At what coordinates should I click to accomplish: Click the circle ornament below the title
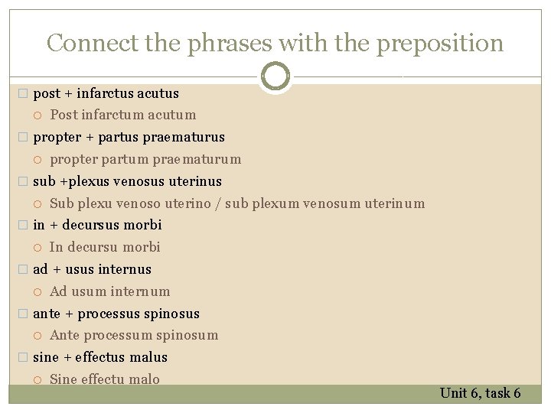(x=275, y=76)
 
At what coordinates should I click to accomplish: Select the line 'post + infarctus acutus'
(x=106, y=93)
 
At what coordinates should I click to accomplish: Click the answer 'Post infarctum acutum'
(x=122, y=115)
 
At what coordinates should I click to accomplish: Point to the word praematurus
(x=188, y=137)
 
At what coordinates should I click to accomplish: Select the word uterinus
(x=197, y=181)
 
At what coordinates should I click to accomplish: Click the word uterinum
(x=395, y=203)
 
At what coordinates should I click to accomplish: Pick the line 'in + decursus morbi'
(x=97, y=225)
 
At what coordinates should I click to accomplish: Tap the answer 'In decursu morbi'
(x=105, y=247)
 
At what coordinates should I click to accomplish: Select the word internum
(x=140, y=291)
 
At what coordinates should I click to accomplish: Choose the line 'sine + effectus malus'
(x=100, y=357)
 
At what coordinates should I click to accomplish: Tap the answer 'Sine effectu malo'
(x=105, y=379)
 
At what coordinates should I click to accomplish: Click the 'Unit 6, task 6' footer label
(x=480, y=393)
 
